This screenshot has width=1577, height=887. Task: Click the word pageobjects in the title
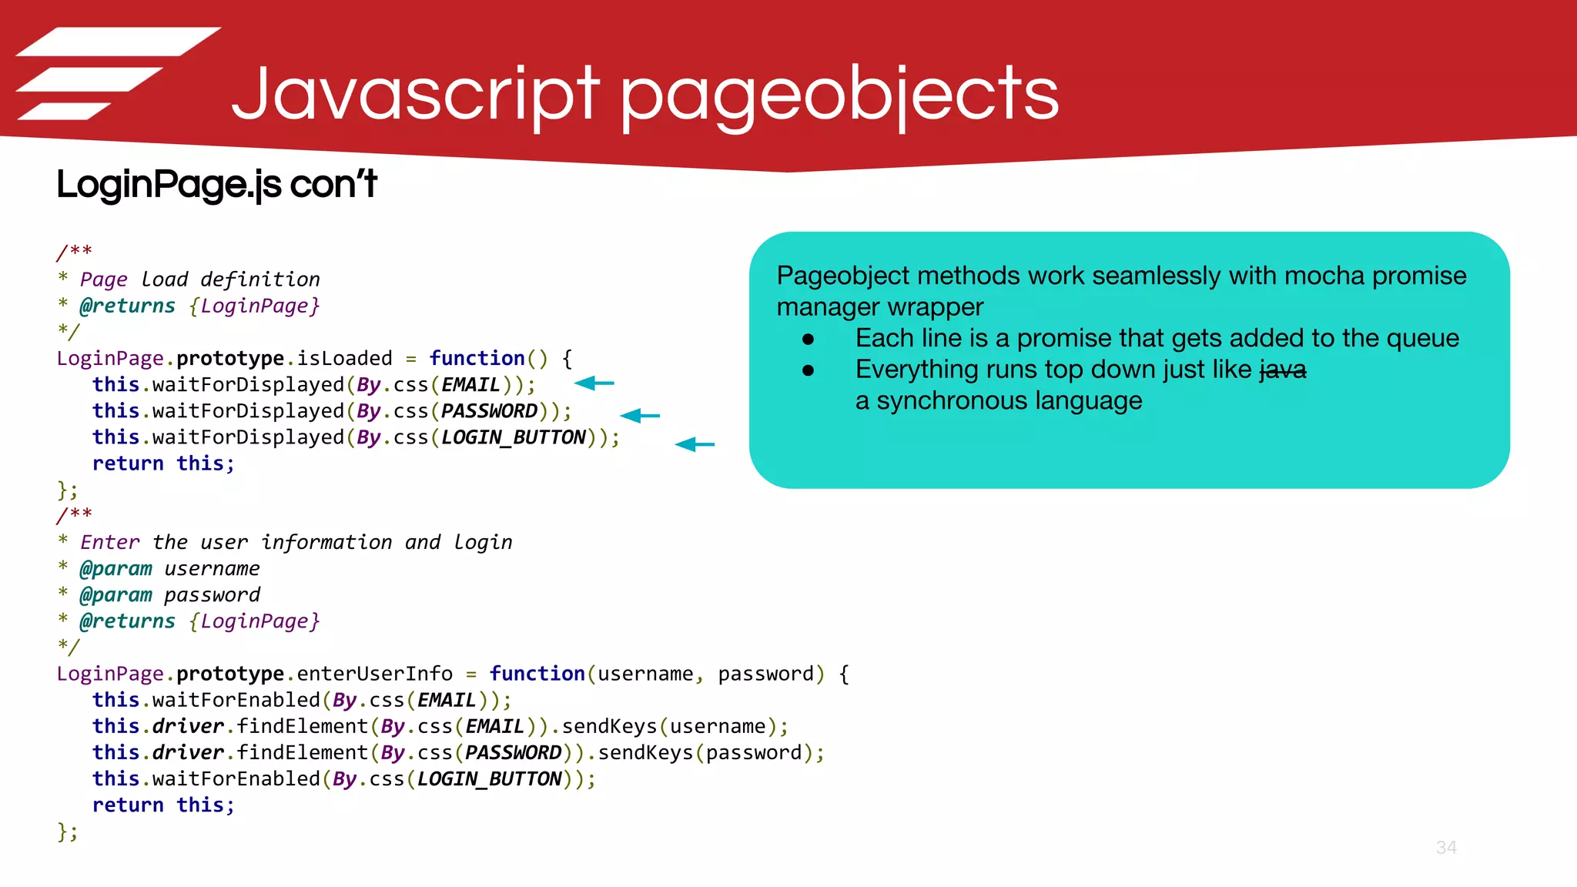[839, 94]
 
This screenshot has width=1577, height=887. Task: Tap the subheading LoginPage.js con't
[216, 185]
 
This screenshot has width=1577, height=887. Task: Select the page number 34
[1446, 848]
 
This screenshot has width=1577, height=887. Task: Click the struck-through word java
[1283, 370]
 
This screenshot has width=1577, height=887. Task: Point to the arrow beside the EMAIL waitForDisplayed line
[594, 383]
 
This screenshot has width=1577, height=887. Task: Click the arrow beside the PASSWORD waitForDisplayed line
[640, 416]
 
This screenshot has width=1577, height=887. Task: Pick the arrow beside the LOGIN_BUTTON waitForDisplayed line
[695, 444]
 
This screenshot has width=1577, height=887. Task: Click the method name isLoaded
[344, 359]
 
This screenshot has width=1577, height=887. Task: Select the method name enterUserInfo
[374, 674]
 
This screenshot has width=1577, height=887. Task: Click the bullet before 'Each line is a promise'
[808, 339]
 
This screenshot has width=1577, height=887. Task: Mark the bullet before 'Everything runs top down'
[808, 370]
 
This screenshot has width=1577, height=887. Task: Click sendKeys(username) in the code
[674, 727]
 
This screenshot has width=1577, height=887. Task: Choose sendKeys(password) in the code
[710, 753]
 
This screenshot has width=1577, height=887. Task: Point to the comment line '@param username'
[169, 569]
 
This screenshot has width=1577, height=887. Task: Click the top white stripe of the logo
[119, 42]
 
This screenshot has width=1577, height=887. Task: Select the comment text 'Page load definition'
[199, 279]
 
